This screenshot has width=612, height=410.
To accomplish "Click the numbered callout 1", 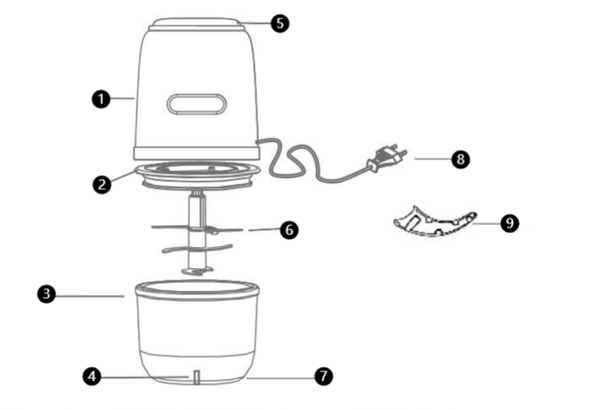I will (x=101, y=99).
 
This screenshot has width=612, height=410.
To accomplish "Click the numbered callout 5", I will (x=281, y=23).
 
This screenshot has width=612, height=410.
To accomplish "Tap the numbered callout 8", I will (x=459, y=158).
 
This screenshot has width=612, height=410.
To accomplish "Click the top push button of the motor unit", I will (x=198, y=22).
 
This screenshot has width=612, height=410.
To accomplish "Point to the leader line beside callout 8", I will (x=429, y=159).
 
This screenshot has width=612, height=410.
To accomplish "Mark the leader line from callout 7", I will (x=282, y=377).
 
